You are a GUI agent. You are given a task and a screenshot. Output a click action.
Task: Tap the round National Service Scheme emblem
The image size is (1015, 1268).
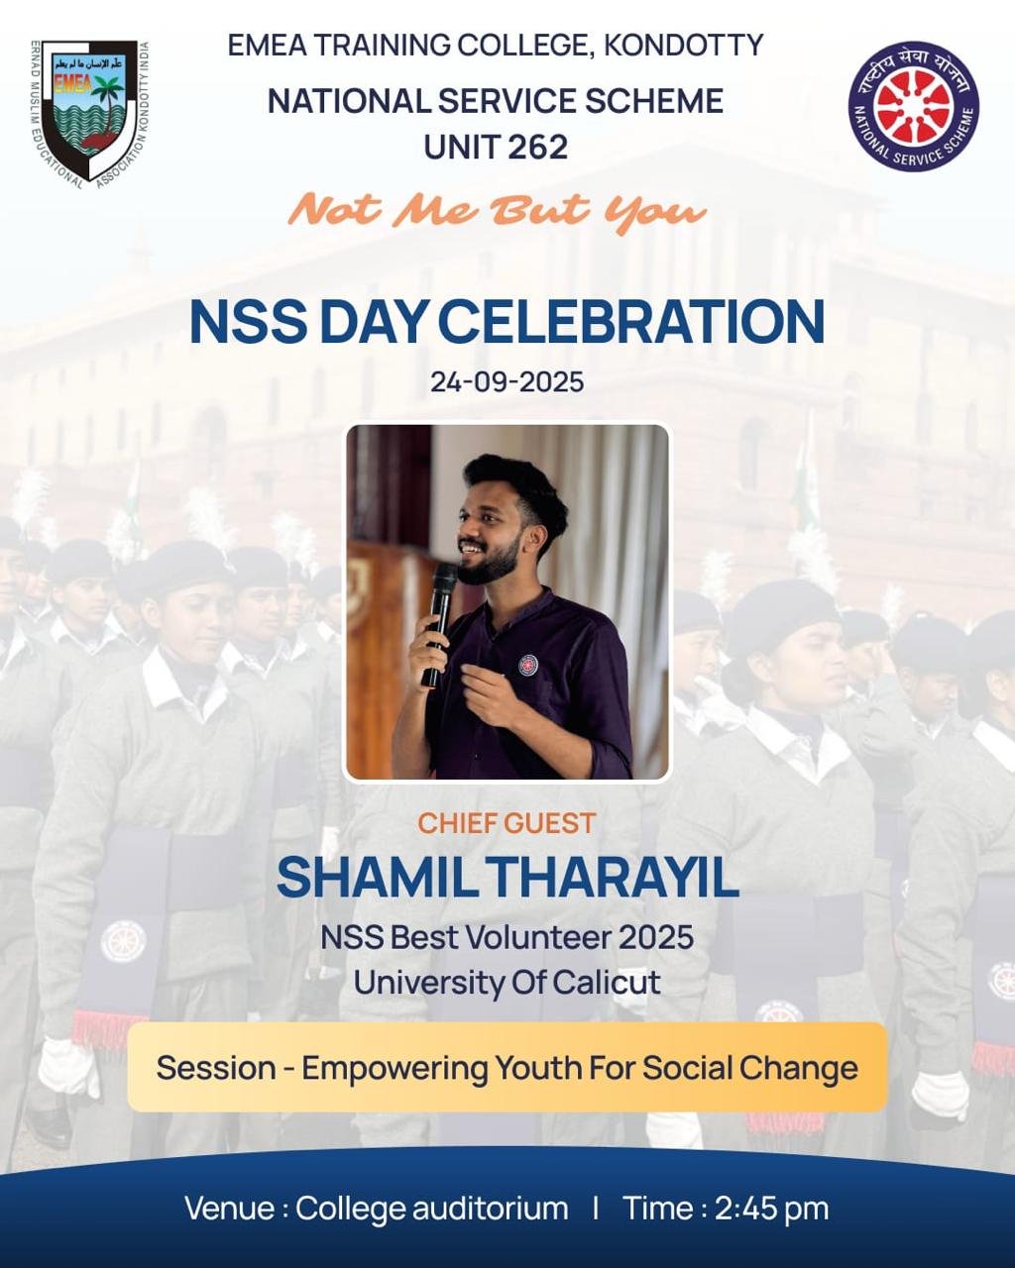913,106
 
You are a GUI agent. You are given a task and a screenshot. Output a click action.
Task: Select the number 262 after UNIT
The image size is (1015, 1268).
539,148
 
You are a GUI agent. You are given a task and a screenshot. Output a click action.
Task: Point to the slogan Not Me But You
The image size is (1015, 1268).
497,210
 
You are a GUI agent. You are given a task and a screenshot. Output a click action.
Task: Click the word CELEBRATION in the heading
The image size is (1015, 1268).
631,322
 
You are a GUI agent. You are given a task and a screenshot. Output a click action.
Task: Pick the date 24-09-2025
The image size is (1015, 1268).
507,382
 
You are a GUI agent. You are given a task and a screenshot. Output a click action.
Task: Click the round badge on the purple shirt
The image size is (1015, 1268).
527,665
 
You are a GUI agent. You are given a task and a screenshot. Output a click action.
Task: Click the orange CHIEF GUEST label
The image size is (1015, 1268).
507,823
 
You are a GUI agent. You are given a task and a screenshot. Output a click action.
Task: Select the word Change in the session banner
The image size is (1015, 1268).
809,1069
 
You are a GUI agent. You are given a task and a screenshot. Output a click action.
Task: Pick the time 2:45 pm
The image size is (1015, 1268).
771,1209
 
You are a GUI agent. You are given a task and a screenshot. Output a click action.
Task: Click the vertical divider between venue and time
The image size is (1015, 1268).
595,1209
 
